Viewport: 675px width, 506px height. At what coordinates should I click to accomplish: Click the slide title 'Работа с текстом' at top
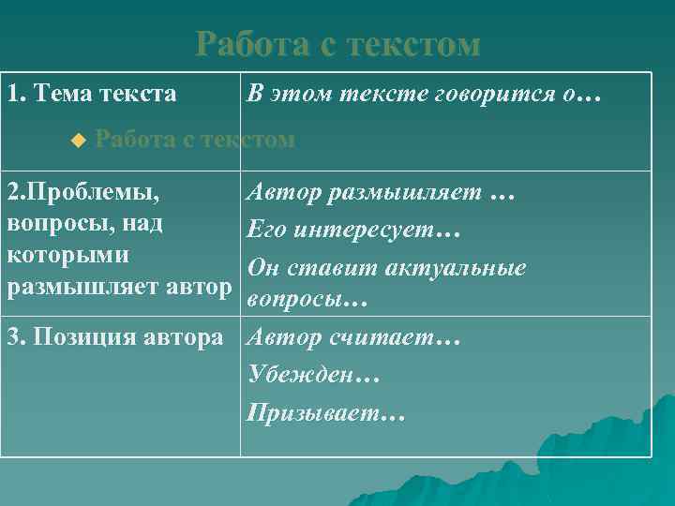click(337, 44)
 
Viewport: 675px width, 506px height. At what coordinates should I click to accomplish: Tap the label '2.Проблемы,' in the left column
click(82, 195)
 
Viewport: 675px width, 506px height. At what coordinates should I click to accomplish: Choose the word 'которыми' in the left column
click(67, 255)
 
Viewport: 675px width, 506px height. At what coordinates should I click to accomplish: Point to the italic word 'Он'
click(262, 268)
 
